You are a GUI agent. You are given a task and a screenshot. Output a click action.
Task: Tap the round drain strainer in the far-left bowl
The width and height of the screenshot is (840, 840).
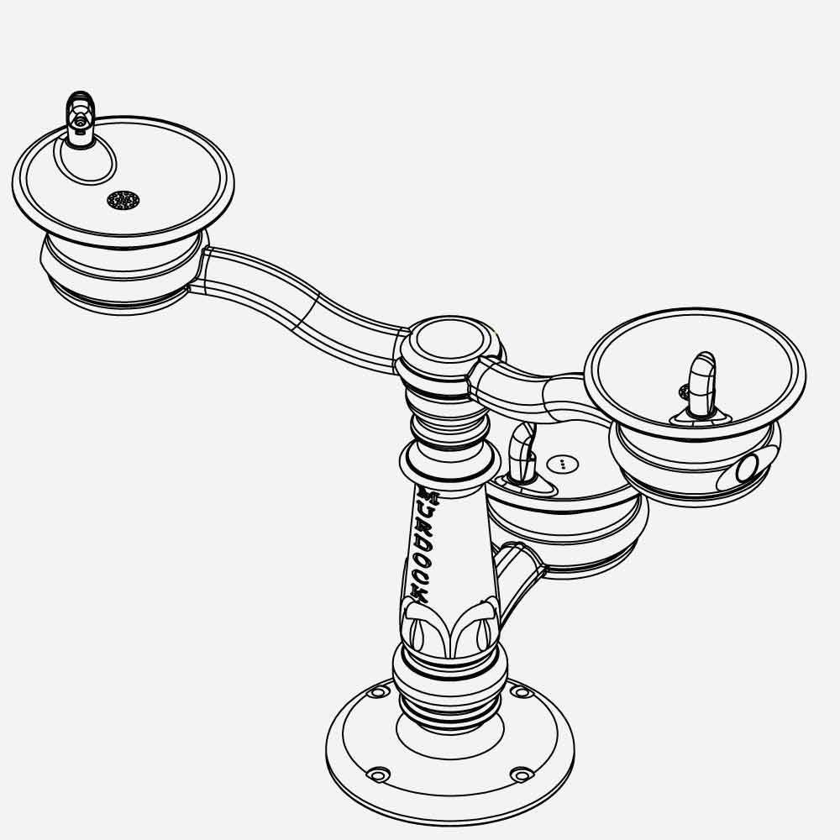click(123, 200)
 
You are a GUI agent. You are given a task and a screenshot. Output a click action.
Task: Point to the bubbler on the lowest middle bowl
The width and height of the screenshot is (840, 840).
click(521, 454)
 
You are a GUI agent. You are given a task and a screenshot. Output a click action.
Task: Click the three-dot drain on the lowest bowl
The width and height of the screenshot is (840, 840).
click(563, 463)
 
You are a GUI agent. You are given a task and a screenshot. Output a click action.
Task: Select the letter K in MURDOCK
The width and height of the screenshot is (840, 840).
click(420, 593)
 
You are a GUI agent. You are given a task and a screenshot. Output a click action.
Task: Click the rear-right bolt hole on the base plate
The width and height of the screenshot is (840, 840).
click(521, 691)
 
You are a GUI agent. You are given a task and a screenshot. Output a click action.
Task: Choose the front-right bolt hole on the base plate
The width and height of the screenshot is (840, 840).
click(522, 774)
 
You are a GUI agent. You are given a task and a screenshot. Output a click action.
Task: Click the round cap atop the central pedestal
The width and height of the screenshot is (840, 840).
click(446, 341)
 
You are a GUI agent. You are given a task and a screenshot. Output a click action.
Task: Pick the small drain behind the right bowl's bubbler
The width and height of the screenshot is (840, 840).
click(684, 391)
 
